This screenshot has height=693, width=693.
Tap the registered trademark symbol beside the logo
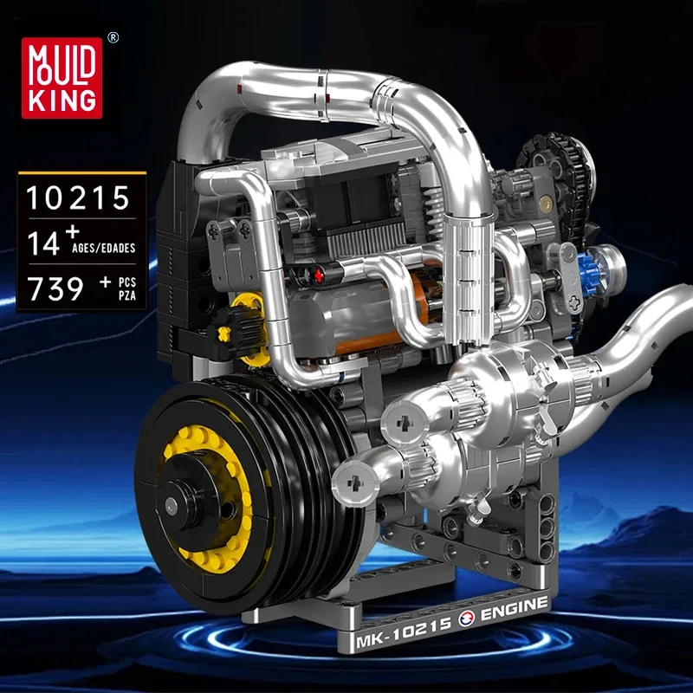(x=113, y=39)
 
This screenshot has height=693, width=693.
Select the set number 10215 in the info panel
(x=77, y=198)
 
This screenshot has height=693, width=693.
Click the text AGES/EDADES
(x=103, y=249)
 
